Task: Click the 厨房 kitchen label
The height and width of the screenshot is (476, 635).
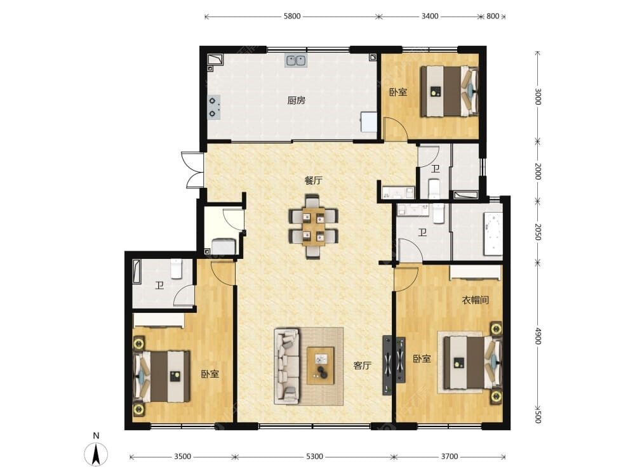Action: [x=296, y=100]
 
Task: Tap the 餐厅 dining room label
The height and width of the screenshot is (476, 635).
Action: [x=314, y=180]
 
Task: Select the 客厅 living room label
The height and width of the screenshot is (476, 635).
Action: [x=362, y=366]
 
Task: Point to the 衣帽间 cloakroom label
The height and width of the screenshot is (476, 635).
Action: [x=476, y=300]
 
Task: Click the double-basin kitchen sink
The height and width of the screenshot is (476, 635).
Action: [x=296, y=60]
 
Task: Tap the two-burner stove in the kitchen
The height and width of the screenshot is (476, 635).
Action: [x=214, y=107]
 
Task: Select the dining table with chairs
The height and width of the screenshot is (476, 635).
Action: [x=314, y=227]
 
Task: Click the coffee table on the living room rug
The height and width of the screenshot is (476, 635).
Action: [x=321, y=366]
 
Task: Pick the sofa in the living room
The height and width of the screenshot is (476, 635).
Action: [x=287, y=366]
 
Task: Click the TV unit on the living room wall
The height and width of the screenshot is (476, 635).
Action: [x=394, y=366]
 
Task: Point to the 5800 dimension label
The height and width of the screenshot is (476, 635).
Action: [x=292, y=17]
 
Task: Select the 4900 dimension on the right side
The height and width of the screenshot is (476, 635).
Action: [x=537, y=336]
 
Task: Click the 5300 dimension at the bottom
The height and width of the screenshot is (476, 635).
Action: [x=314, y=456]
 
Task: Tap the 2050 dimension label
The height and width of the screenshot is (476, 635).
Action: [x=537, y=232]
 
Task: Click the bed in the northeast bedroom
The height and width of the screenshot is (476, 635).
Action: [x=449, y=91]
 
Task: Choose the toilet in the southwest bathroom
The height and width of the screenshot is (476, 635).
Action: [x=176, y=268]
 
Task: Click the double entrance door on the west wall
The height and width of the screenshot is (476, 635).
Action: [x=194, y=170]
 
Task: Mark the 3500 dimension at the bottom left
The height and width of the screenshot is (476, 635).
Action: [x=182, y=456]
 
